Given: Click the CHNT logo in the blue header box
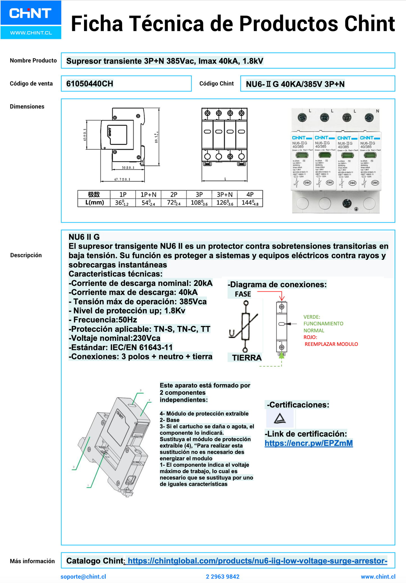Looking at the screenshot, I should (30, 13).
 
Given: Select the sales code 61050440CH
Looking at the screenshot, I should (90, 84).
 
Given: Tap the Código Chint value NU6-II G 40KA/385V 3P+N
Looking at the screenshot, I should (295, 84).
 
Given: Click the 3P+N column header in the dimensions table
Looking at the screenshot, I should (224, 194).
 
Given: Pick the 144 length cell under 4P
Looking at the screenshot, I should (250, 203).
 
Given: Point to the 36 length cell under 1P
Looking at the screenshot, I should (122, 203).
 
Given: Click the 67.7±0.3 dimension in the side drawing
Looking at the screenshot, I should (122, 179).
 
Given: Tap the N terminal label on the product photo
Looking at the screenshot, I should (377, 111).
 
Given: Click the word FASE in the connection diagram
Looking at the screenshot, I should (243, 294).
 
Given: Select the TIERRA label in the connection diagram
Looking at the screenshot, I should (247, 358).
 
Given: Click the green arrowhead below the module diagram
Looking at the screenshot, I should (282, 355).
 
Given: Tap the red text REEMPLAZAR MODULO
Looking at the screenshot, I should (331, 344).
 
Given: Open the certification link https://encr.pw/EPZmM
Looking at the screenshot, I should (309, 443).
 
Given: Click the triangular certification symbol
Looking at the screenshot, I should (280, 418).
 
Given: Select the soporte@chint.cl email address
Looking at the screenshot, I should (83, 577).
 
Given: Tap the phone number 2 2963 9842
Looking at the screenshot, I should (223, 577).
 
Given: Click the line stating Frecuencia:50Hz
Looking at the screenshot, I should (103, 320).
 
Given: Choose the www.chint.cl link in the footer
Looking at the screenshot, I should (378, 577).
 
